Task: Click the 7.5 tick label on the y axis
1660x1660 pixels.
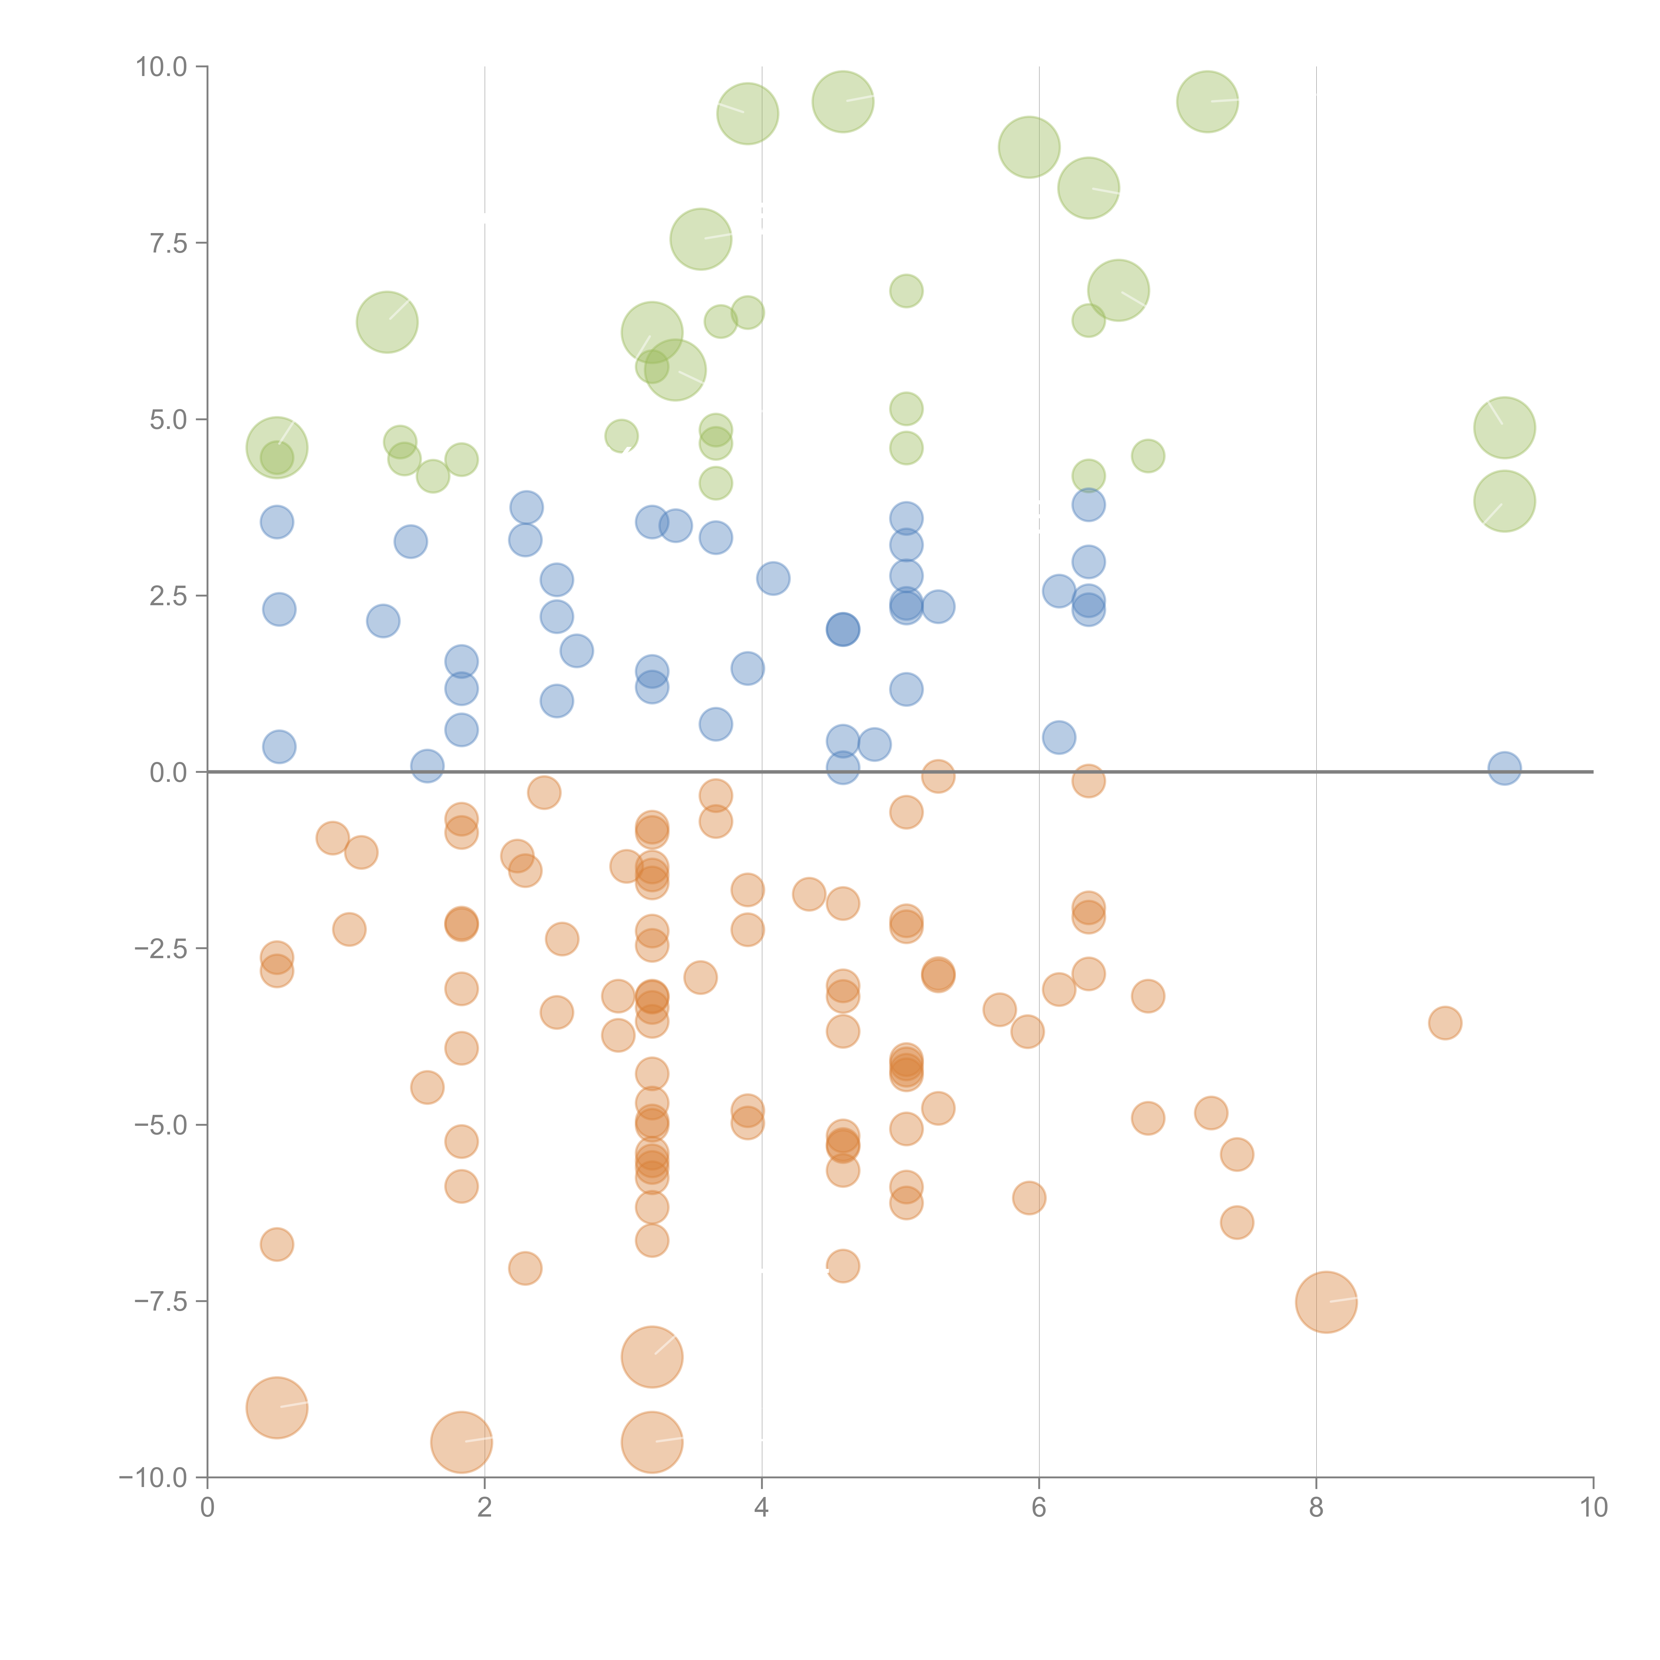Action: click(168, 243)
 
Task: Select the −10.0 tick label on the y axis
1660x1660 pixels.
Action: click(153, 1478)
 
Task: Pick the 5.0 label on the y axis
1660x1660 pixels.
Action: click(168, 419)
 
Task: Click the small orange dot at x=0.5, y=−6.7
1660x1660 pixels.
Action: click(277, 1244)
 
